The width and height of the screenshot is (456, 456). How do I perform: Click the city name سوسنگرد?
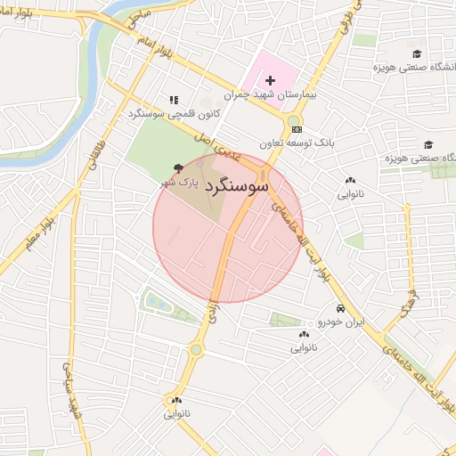[x=236, y=187]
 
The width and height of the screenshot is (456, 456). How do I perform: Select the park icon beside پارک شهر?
[x=178, y=167]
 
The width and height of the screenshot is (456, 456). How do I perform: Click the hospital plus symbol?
[x=270, y=81]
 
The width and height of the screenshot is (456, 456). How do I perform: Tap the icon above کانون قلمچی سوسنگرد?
[x=173, y=101]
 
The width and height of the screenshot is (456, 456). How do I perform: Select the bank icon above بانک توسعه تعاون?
[x=296, y=130]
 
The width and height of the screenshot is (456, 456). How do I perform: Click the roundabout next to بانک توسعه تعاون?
[x=293, y=120]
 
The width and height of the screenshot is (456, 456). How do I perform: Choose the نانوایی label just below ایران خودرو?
[x=303, y=347]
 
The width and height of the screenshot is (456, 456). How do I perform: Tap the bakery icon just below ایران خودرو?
[x=303, y=335]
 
